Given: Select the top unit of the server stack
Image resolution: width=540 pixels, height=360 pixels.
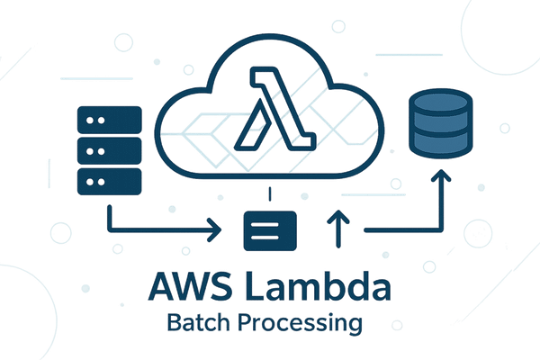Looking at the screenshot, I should (x=110, y=118).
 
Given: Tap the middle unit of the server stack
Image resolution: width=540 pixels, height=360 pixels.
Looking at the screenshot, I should (x=110, y=149).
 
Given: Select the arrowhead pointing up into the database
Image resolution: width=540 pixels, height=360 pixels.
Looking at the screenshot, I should (x=441, y=182).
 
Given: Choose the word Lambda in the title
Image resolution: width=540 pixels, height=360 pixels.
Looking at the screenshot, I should (x=319, y=288).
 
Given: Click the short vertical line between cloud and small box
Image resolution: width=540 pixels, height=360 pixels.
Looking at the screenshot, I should (x=270, y=194).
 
